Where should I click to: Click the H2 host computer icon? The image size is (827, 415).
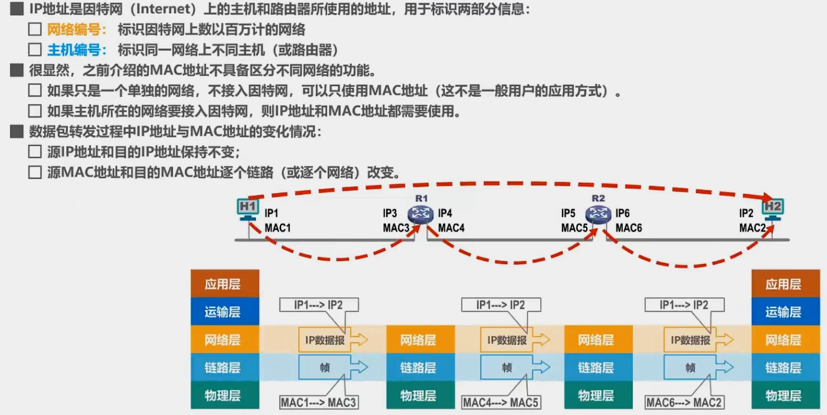pos(773,208)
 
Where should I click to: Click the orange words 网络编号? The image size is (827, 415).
pos(74,29)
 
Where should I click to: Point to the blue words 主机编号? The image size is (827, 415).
pos(74,50)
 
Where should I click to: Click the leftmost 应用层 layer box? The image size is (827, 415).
pos(225,284)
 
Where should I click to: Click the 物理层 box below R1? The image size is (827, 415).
pos(418,395)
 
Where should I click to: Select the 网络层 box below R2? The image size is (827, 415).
pos(596,340)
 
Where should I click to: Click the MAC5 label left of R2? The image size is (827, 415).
pos(574,228)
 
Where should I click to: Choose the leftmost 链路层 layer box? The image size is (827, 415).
pos(225,367)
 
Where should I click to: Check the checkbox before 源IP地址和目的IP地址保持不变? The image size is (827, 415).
pos(35,152)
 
